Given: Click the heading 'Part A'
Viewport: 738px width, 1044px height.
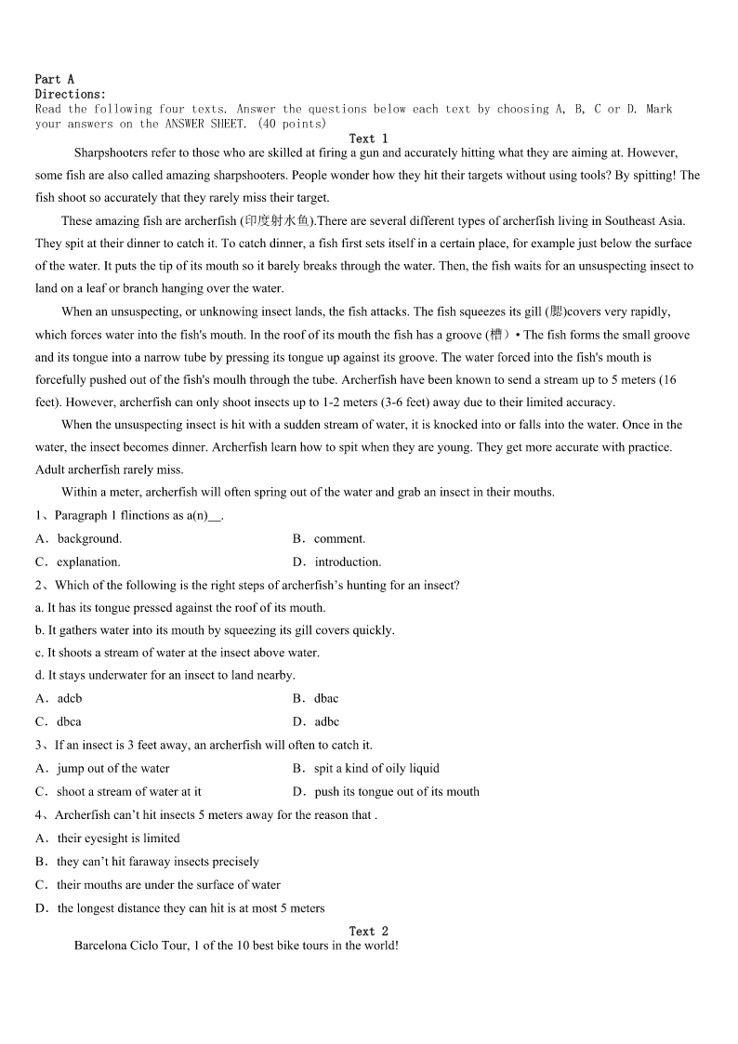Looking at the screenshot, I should click(54, 80).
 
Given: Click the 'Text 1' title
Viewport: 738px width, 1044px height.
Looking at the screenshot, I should click(368, 139).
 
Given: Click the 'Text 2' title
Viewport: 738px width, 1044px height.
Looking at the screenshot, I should click(368, 931).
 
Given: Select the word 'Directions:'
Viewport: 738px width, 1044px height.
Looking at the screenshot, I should click(71, 94).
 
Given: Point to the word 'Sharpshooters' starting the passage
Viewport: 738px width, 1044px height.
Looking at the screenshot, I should click(112, 152).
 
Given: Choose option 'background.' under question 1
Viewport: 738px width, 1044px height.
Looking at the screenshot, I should click(89, 539).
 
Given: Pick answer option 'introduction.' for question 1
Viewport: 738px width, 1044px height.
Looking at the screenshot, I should click(348, 562).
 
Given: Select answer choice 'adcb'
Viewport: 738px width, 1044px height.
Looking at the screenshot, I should click(70, 699).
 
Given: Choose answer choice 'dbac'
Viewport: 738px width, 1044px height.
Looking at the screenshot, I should click(326, 699).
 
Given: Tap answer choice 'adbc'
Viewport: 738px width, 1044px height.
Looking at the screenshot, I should click(327, 722).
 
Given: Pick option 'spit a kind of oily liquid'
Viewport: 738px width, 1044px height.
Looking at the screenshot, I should click(376, 769).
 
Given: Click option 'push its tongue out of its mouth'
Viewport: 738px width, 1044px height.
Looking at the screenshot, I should click(397, 792).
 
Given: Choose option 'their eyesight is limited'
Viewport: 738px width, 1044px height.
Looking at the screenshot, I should click(119, 839).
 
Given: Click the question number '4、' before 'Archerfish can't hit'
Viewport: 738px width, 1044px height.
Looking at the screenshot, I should click(43, 815).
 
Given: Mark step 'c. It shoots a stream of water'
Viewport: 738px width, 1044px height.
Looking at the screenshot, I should click(177, 653).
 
